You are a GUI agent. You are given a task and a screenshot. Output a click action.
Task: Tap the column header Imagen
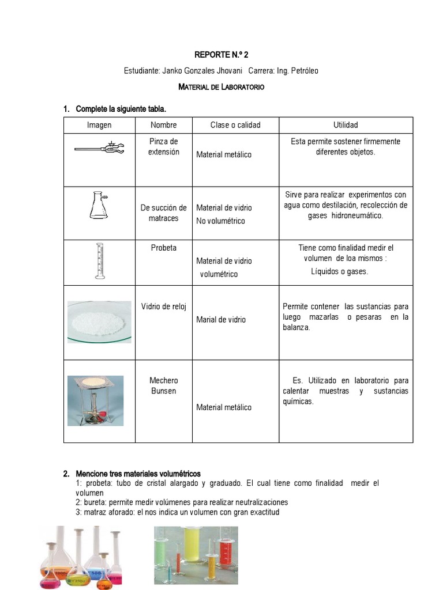point(99,125)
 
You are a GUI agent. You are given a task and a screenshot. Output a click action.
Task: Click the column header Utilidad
point(346,125)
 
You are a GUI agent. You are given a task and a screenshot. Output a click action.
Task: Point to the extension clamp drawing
point(99,150)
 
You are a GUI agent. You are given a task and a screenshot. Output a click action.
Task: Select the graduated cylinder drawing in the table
point(100,262)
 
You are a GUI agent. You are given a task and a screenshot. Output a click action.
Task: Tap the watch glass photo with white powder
point(99,322)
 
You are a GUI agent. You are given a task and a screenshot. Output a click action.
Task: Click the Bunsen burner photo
point(95,400)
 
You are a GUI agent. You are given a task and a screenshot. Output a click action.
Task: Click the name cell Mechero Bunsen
point(164,385)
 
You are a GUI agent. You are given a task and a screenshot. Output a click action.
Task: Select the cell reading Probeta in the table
point(164,248)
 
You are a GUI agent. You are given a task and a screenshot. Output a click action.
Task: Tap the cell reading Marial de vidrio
point(221,319)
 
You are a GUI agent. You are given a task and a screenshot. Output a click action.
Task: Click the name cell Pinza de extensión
point(164,146)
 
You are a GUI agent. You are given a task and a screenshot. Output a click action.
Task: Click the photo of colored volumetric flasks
point(82,557)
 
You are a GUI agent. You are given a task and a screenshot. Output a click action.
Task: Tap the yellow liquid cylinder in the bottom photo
point(192,547)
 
